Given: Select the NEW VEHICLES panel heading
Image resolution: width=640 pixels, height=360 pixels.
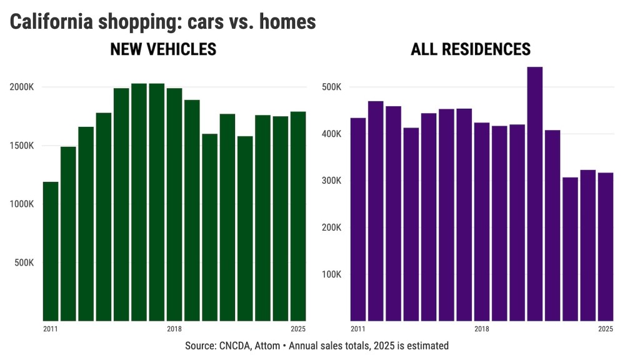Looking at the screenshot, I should click(163, 49).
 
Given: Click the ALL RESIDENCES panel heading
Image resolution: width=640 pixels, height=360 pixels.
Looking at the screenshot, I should click(471, 49).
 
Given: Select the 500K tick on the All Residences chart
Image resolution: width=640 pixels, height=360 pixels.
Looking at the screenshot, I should click(331, 87).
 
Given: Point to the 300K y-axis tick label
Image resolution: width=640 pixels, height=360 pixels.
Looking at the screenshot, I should click(331, 181).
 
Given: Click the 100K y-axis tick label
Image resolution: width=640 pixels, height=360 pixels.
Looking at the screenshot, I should click(331, 274).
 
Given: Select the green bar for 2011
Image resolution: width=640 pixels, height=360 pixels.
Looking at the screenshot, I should click(51, 250).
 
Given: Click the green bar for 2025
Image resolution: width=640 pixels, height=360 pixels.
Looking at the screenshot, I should click(297, 216).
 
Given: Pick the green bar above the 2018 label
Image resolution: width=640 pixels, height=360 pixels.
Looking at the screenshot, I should click(174, 203).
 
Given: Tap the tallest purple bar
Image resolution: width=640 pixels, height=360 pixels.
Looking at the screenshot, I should click(535, 194).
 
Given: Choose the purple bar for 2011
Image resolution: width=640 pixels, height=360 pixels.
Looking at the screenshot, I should click(358, 219).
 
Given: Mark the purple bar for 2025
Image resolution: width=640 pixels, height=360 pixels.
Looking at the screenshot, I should click(605, 247).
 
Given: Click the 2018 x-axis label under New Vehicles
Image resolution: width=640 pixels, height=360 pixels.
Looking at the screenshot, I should click(174, 329).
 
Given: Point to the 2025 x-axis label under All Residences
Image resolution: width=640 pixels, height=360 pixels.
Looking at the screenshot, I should click(605, 329).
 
